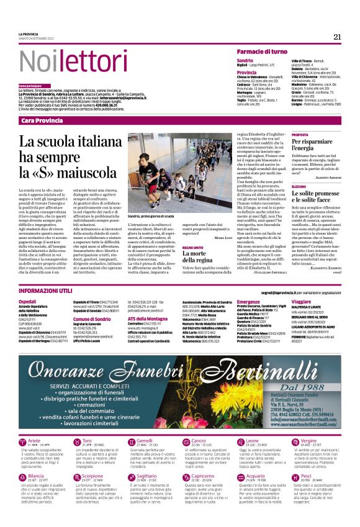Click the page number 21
point(337,37)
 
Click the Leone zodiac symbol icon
point(232,443)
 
